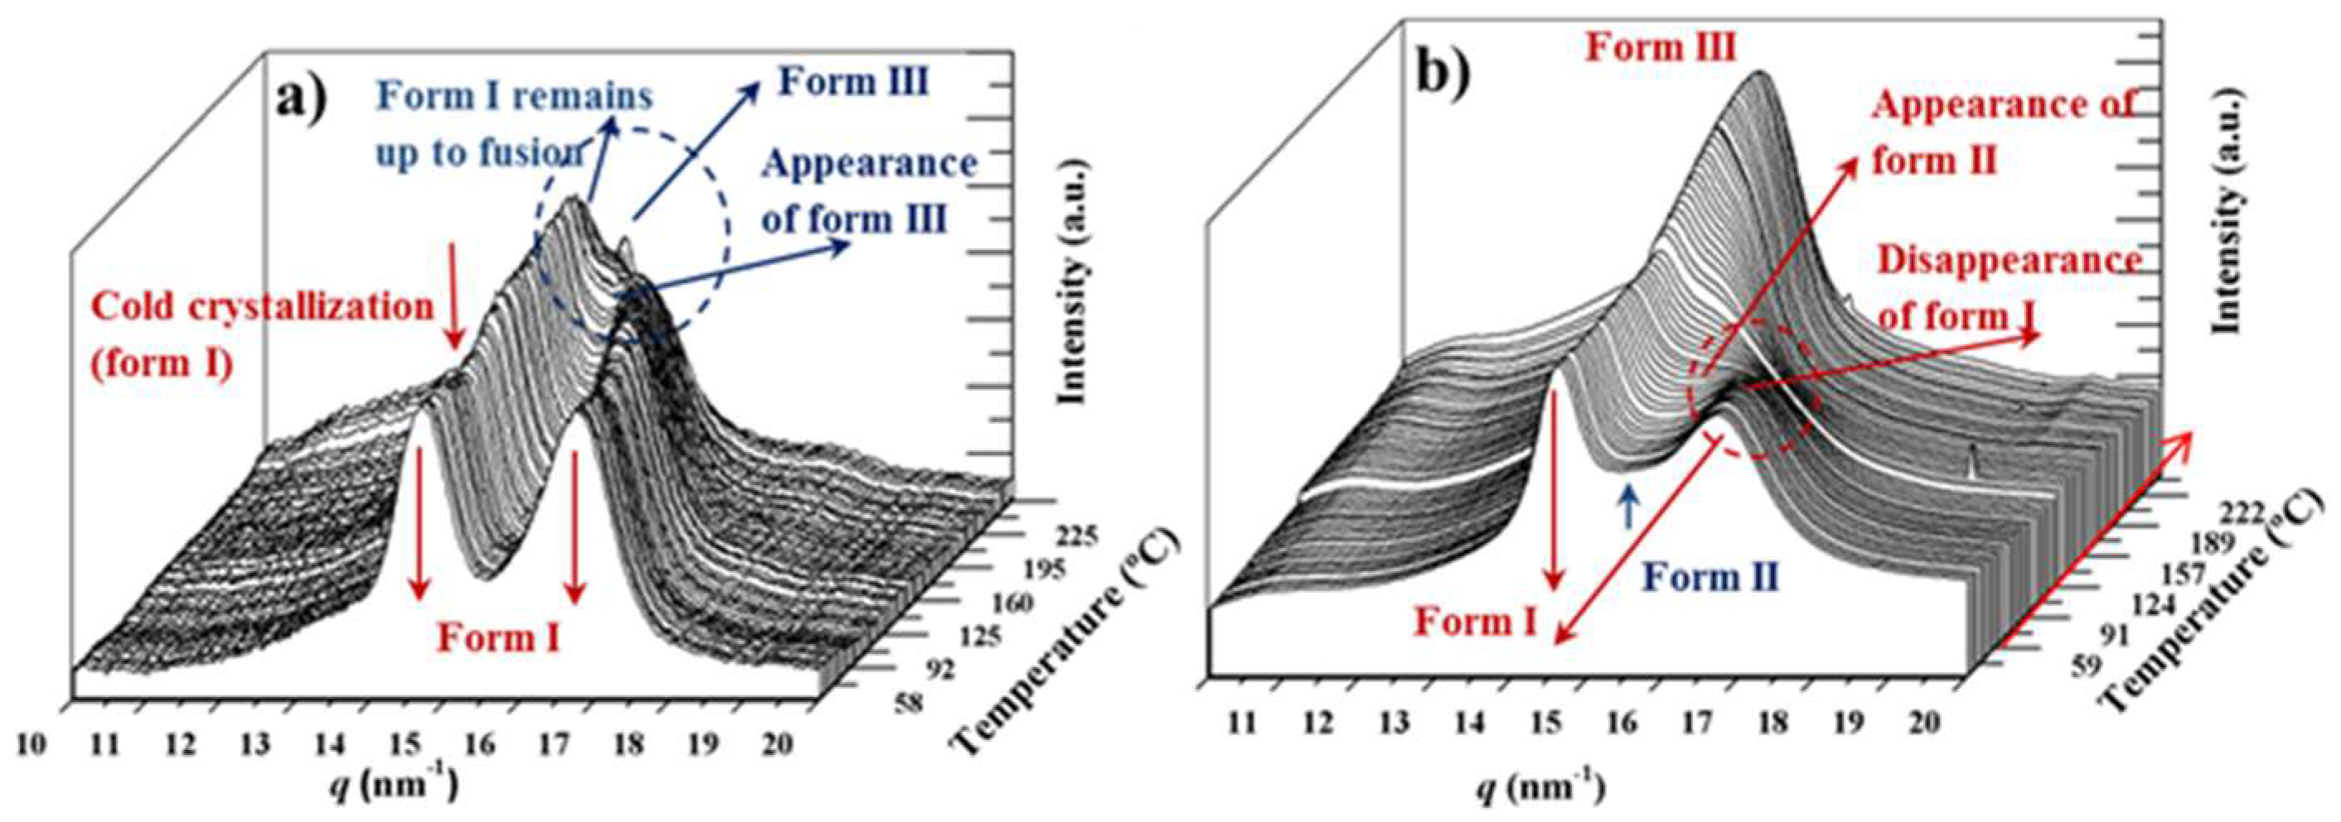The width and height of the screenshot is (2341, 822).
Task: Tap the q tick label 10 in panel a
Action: pyautogui.click(x=31, y=744)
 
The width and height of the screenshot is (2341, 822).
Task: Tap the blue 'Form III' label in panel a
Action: pyautogui.click(x=854, y=83)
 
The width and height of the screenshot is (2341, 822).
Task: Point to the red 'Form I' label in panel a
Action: pyautogui.click(x=498, y=637)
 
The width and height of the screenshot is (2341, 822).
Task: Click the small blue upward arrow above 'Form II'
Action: pyautogui.click(x=1628, y=506)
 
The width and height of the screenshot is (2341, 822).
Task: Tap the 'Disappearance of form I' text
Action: pyautogui.click(x=2009, y=287)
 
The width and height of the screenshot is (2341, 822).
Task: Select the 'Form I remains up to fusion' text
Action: pyautogui.click(x=515, y=124)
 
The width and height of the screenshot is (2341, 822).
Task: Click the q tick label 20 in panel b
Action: pyautogui.click(x=1922, y=721)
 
